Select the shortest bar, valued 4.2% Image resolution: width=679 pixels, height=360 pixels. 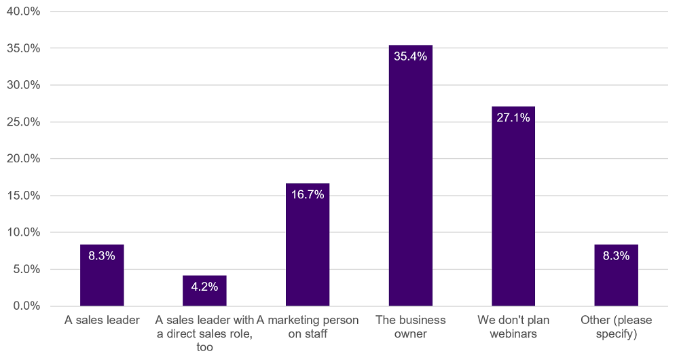click(x=204, y=295)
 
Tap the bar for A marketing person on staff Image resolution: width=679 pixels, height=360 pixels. click(x=308, y=251)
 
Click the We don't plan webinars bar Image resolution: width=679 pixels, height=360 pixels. click(x=513, y=211)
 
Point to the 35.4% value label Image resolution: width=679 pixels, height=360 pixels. click(x=410, y=56)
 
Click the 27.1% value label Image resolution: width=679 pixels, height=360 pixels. click(x=513, y=118)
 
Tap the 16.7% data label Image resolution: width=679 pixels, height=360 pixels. click(x=308, y=195)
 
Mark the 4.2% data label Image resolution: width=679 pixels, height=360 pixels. click(x=204, y=287)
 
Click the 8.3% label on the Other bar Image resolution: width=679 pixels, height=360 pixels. click(x=616, y=256)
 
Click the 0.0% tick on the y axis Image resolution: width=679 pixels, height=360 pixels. click(x=25, y=306)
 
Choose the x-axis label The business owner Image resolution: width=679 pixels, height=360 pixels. click(x=410, y=327)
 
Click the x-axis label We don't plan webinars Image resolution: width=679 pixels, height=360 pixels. click(x=513, y=327)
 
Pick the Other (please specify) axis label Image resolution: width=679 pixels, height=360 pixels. click(x=616, y=327)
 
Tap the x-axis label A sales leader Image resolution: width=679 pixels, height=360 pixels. click(x=102, y=320)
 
